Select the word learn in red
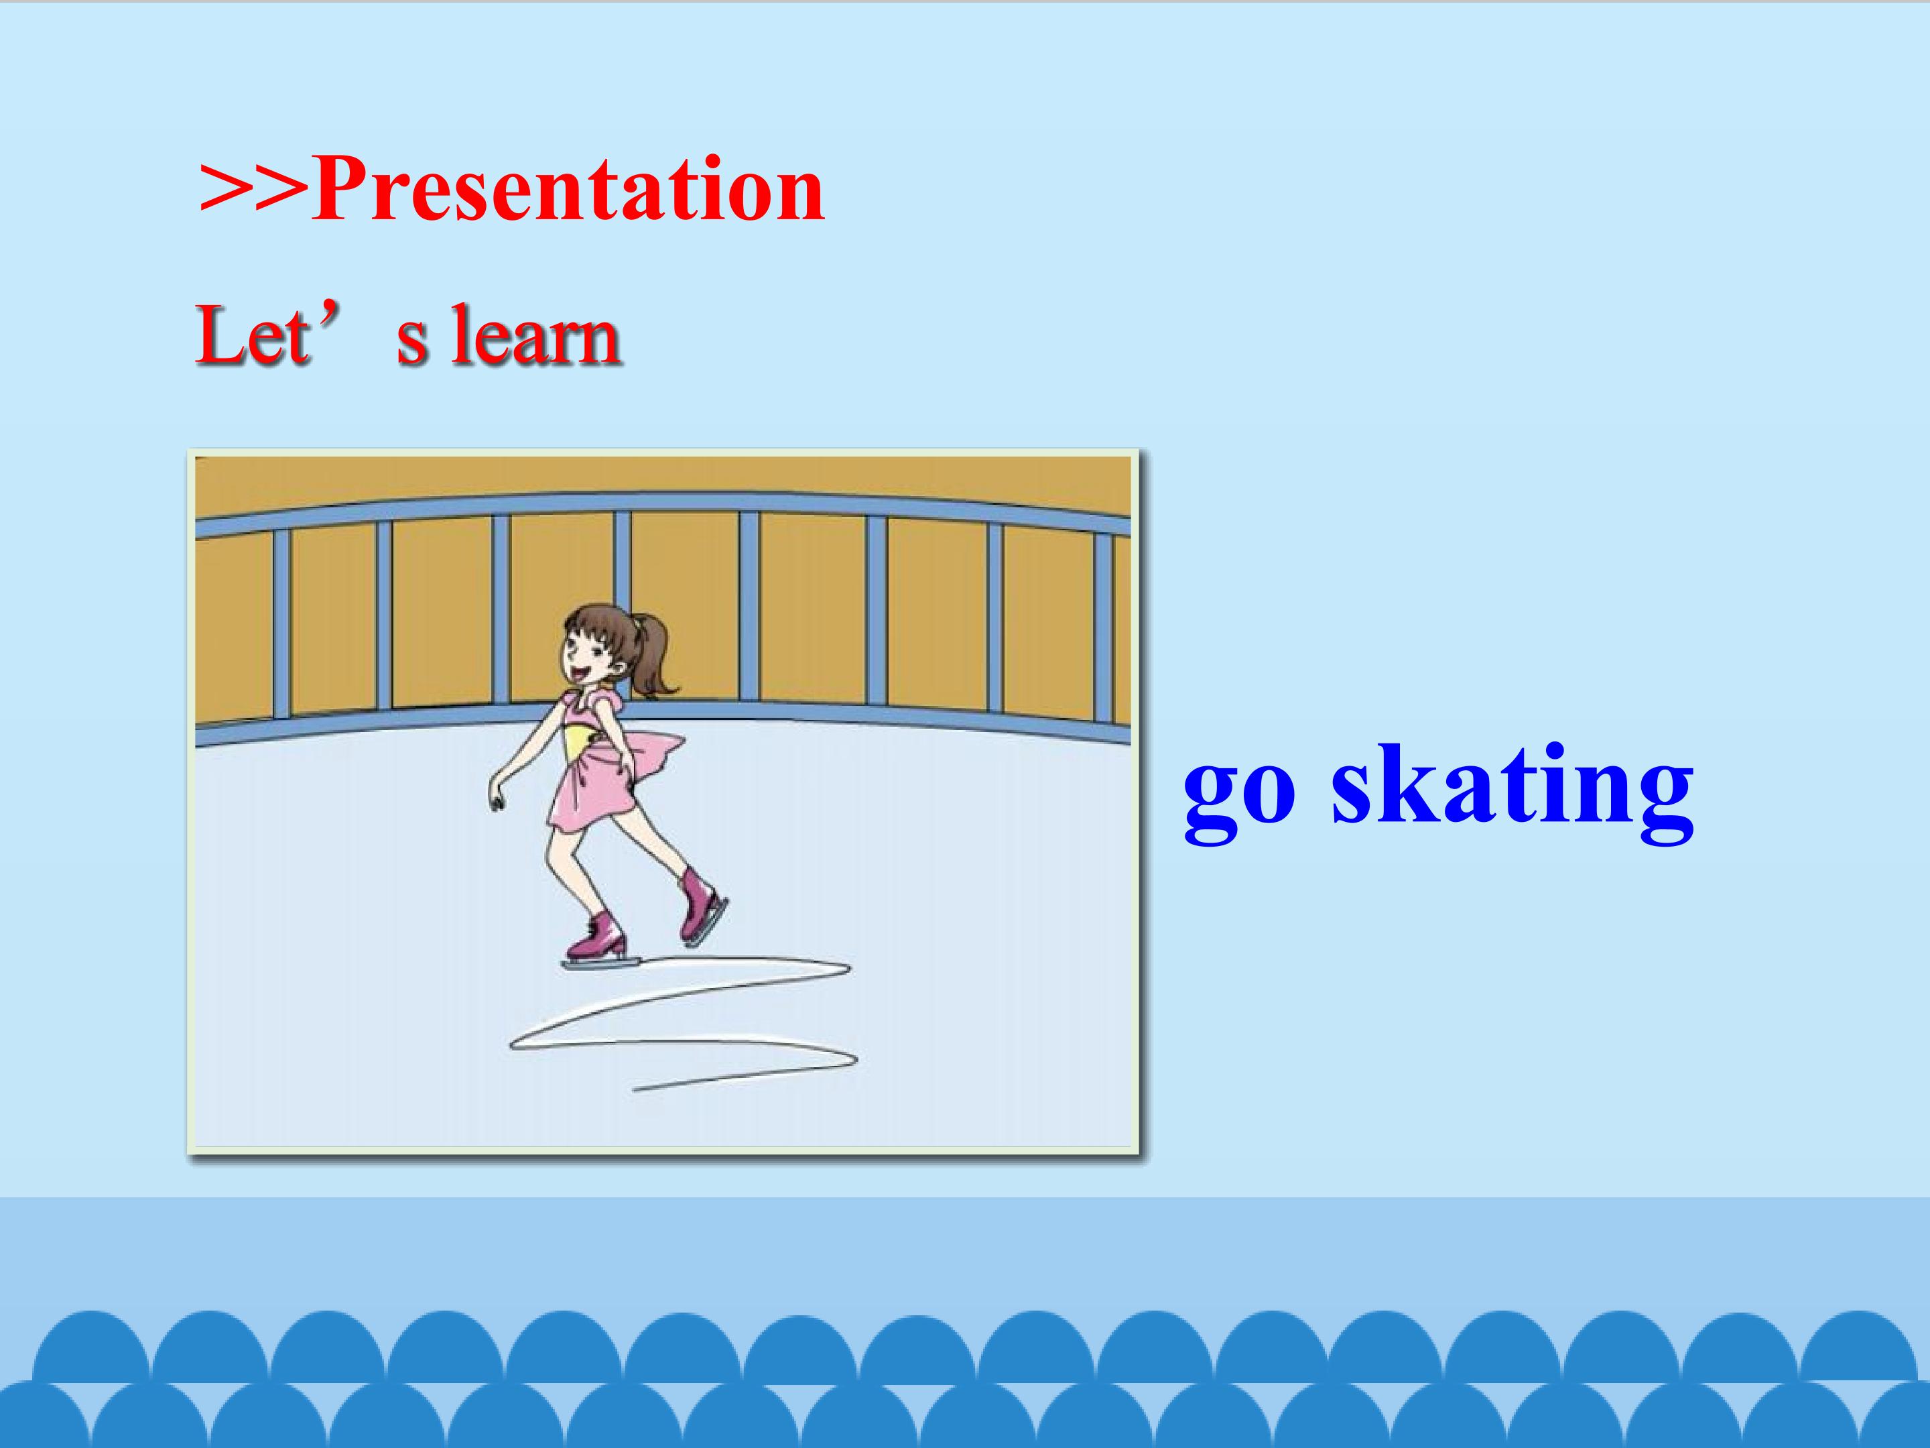pos(535,335)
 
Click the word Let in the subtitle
pos(251,335)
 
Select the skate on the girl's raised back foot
pos(703,904)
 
